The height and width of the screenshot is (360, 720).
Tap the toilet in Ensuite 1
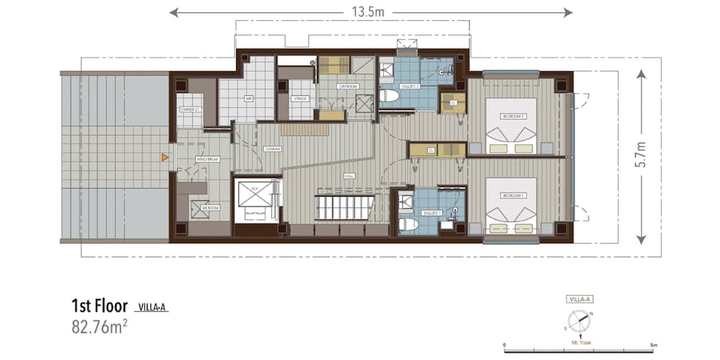408,225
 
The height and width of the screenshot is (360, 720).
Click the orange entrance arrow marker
165,156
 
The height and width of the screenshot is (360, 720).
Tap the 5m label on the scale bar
652,346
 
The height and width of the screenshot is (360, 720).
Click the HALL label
349,175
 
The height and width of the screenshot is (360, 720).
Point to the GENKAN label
272,149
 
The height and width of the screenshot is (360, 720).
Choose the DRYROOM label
348,86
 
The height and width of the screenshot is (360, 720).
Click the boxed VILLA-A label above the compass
579,299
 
